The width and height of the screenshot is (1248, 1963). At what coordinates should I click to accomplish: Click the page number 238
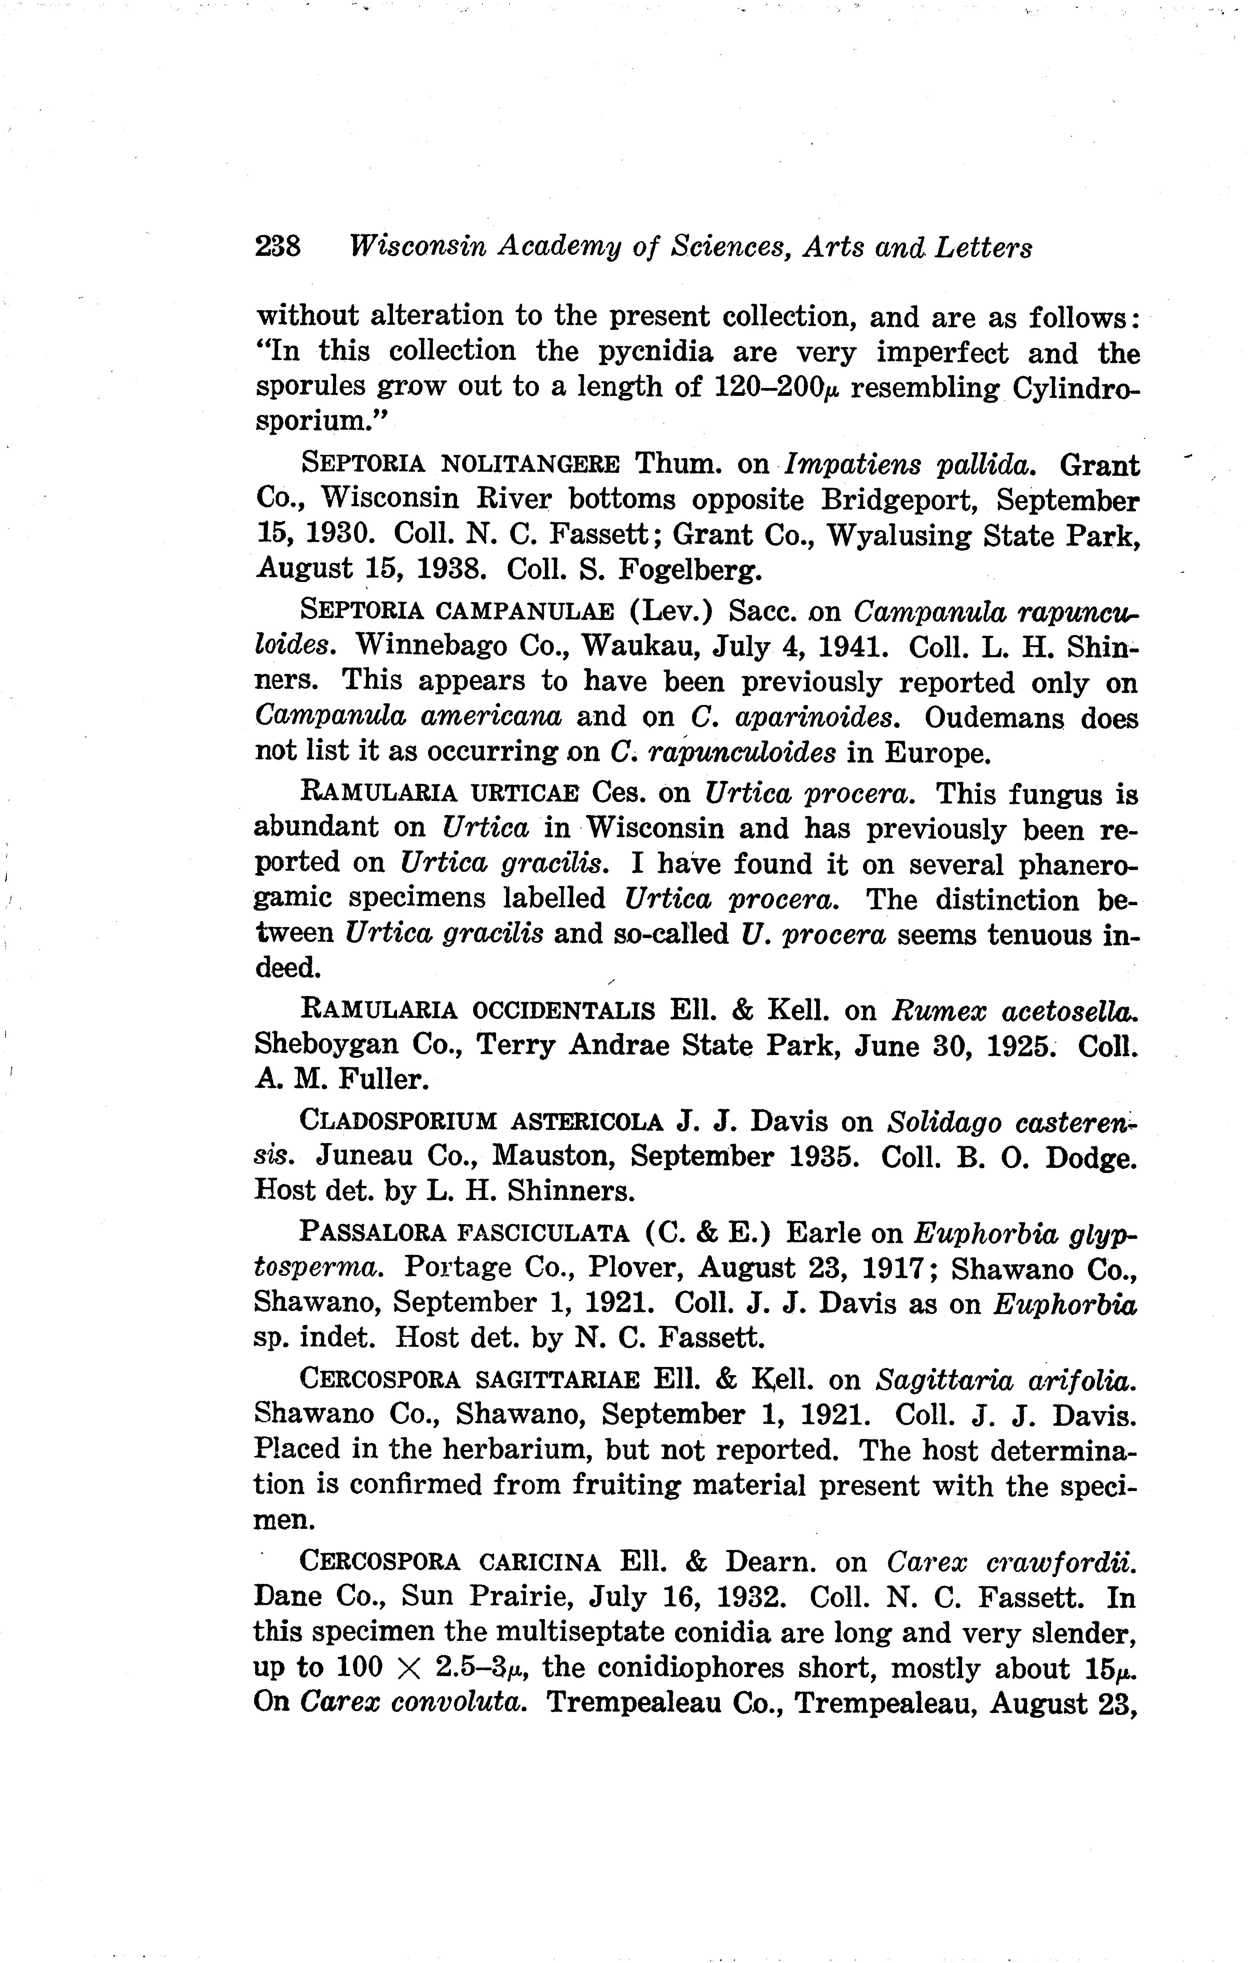[x=278, y=246]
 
